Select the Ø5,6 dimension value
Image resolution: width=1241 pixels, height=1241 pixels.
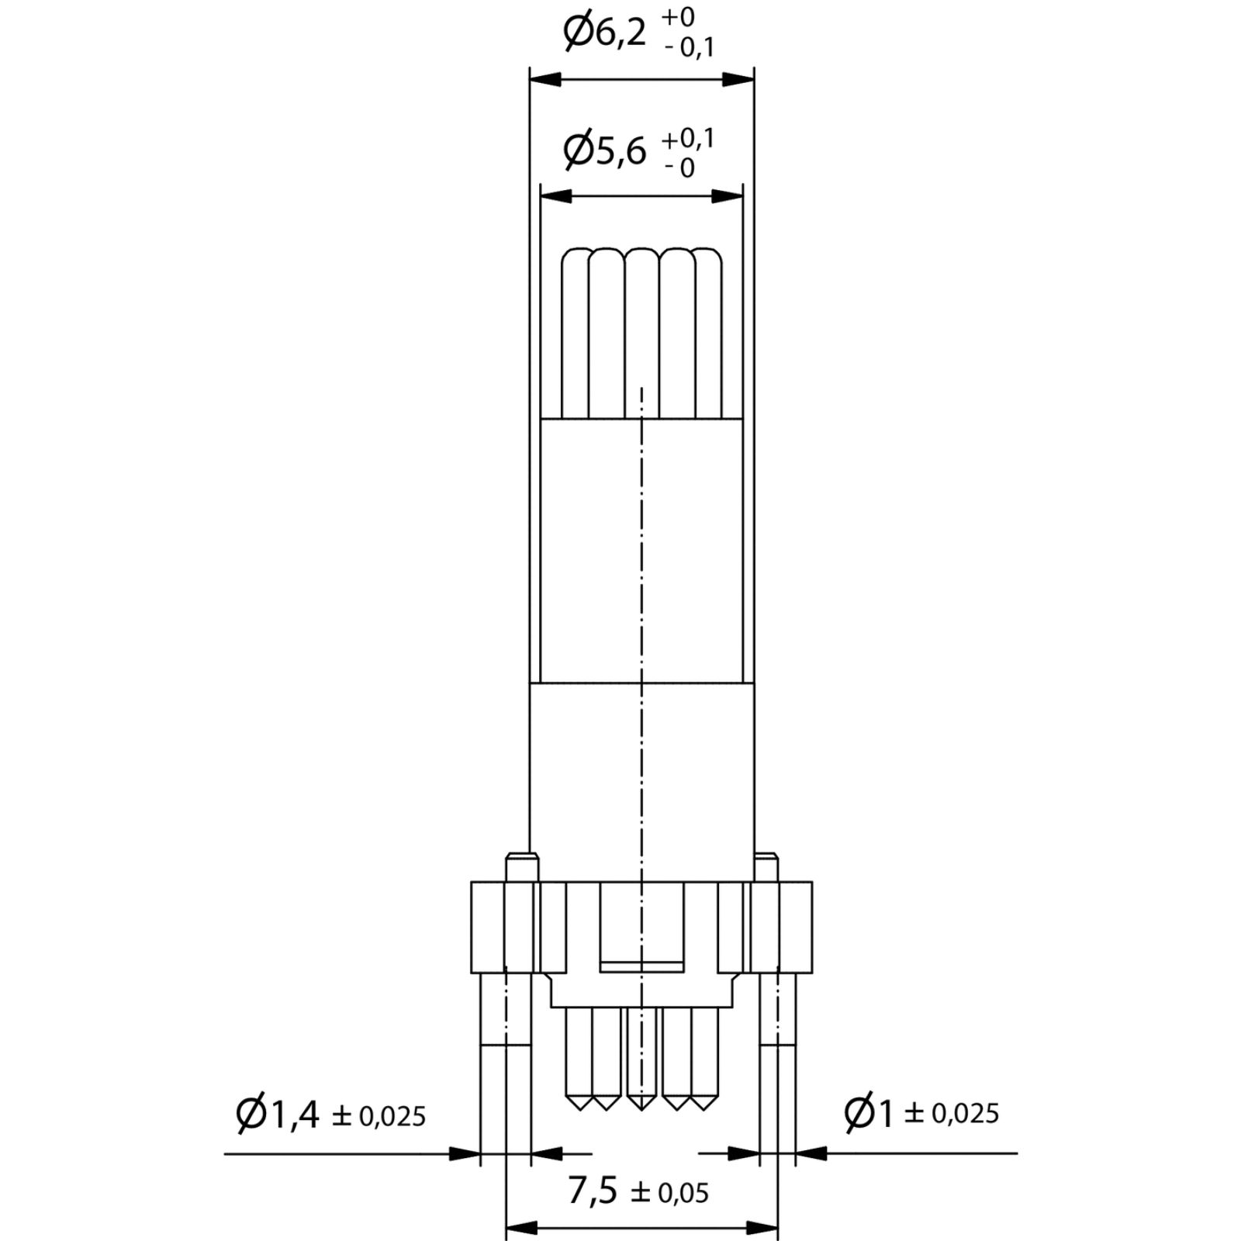click(x=604, y=150)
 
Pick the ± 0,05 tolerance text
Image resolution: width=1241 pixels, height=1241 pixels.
click(x=669, y=1193)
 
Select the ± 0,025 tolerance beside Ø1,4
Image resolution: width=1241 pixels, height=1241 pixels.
click(x=379, y=1116)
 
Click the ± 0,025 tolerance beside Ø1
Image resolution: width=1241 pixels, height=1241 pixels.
click(x=952, y=1115)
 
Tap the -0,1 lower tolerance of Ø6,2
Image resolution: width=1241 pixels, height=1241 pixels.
click(x=689, y=48)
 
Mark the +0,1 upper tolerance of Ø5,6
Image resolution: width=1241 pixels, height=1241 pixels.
click(x=688, y=140)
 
